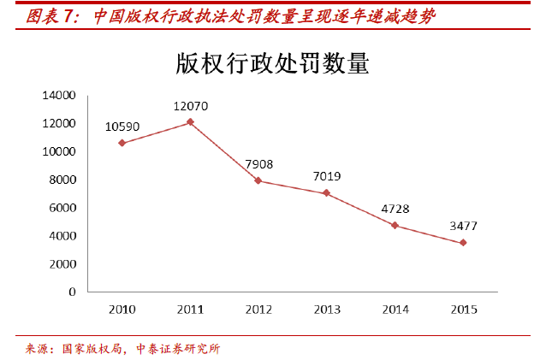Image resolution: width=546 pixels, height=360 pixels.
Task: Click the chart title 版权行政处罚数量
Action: tap(272, 64)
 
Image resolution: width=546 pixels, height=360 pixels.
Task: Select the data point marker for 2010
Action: tap(122, 143)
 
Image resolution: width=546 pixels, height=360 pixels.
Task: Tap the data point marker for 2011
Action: tap(190, 122)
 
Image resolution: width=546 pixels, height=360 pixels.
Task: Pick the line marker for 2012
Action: tap(258, 180)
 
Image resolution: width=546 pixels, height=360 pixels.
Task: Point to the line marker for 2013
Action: tap(326, 193)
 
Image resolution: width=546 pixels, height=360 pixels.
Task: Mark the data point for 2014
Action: tap(394, 225)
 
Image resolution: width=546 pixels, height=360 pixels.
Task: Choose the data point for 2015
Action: tap(462, 243)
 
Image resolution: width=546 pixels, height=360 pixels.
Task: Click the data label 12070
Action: tap(190, 107)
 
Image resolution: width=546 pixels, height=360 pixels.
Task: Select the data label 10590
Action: tap(122, 127)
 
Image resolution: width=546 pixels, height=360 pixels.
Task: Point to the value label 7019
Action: tap(326, 177)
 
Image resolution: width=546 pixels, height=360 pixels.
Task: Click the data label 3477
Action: tap(462, 227)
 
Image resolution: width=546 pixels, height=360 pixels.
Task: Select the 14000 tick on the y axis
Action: tap(59, 95)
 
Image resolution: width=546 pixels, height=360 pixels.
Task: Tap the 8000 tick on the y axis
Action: tap(62, 180)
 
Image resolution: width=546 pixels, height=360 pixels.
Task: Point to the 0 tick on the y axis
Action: tap(72, 292)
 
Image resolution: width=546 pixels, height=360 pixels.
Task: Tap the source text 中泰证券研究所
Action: tap(177, 348)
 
